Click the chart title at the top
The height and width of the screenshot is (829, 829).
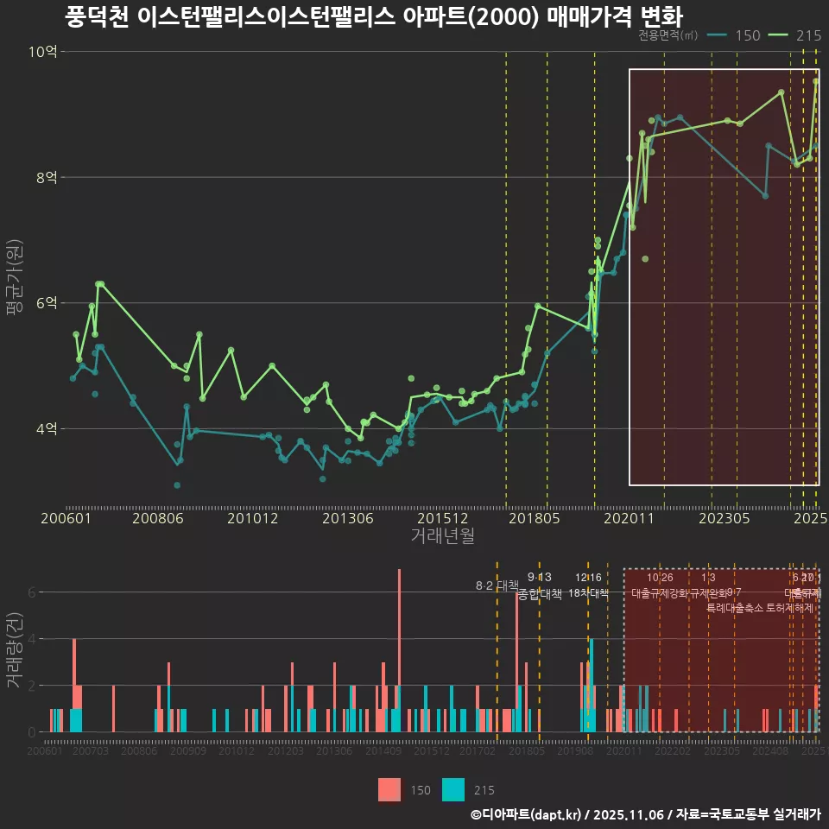373,16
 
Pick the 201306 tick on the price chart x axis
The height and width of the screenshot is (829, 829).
348,518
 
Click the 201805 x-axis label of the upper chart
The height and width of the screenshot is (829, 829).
534,518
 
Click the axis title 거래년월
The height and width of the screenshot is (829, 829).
442,536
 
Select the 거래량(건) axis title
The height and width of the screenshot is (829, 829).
13,650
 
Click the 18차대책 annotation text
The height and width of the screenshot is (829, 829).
588,593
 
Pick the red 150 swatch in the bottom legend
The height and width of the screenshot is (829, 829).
390,789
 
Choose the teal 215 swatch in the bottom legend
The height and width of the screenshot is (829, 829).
453,789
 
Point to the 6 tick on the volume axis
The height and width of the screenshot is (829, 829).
31,592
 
